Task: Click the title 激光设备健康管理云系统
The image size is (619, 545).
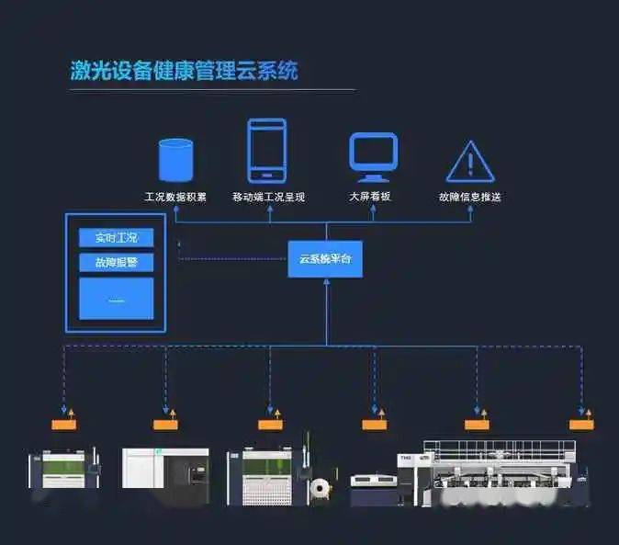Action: click(184, 71)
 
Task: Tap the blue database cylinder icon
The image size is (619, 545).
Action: click(175, 159)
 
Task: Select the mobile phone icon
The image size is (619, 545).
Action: click(266, 151)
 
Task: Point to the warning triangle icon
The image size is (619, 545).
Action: click(471, 162)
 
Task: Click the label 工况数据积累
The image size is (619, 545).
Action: click(175, 197)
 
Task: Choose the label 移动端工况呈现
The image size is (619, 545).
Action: click(268, 197)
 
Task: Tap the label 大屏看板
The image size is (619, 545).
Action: click(371, 197)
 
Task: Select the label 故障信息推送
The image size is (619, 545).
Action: click(469, 197)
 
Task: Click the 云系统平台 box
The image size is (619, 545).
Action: click(324, 259)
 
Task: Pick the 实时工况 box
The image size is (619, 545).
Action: click(116, 238)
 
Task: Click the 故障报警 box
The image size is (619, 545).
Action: click(116, 263)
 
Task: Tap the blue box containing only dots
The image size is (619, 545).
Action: click(116, 299)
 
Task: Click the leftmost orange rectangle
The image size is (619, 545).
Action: click(63, 425)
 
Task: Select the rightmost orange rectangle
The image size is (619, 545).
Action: click(581, 425)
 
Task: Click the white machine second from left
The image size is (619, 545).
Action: click(165, 474)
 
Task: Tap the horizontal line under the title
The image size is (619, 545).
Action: click(212, 90)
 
